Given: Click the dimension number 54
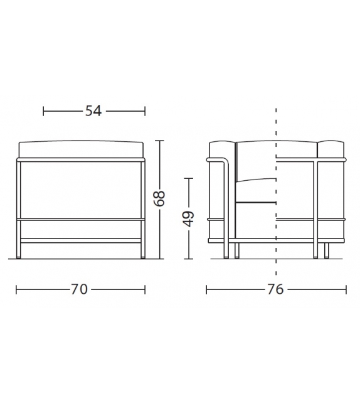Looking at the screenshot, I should (93, 111).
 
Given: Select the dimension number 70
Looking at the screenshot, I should (79, 289).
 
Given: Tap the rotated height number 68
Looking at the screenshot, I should (160, 198).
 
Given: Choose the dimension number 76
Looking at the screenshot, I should (275, 289).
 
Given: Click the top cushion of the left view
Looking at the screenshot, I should (82, 149).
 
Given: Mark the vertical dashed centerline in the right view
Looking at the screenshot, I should (276, 188).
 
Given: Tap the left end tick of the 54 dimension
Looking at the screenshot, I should (43, 111).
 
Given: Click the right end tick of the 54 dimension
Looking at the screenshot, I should (145, 111).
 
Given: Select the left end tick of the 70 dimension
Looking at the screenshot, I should (16, 289).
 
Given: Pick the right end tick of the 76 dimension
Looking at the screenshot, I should (346, 289).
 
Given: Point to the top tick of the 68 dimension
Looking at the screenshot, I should (160, 141).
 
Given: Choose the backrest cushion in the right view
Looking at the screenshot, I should (276, 151).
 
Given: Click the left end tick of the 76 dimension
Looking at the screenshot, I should (206, 289).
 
